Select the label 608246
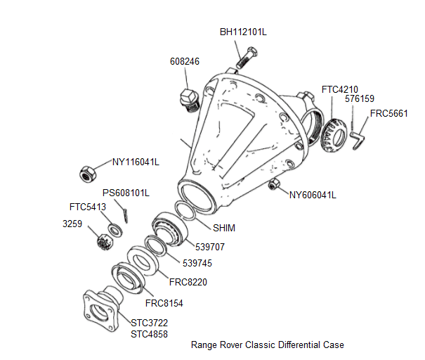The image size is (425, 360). [185, 62]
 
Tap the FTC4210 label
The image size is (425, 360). [340, 89]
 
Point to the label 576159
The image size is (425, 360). [360, 99]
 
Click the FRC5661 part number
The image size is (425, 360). [389, 112]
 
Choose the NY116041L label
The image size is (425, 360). [136, 162]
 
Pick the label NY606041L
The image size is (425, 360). [313, 195]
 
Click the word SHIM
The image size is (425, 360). [224, 228]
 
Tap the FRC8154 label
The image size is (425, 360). [164, 304]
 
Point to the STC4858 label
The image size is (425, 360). [150, 334]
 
